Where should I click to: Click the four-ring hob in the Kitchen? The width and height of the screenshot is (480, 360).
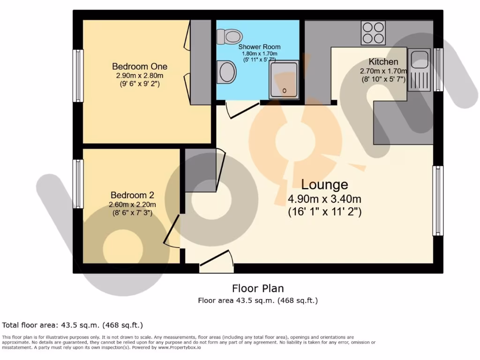click(x=373, y=33)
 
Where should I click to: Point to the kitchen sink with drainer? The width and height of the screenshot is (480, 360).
click(x=419, y=69)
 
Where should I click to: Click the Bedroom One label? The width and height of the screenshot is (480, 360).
click(x=140, y=67)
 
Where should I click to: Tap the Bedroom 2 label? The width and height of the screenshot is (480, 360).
click(x=132, y=195)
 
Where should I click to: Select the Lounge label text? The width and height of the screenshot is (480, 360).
click(x=324, y=184)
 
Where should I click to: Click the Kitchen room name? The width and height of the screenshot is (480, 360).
click(x=383, y=61)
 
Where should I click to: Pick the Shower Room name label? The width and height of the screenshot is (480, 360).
click(x=259, y=47)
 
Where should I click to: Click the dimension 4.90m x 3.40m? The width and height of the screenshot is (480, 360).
click(x=324, y=199)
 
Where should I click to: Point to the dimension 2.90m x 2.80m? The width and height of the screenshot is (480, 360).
click(x=140, y=76)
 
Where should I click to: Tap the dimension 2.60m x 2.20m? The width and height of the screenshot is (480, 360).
click(x=132, y=204)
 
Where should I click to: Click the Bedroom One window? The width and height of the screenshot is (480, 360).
click(x=78, y=75)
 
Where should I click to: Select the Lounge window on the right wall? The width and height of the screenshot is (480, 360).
click(x=437, y=201)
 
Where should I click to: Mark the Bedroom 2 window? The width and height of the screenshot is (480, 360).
click(x=78, y=184)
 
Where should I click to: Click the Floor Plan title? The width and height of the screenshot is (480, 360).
click(x=258, y=288)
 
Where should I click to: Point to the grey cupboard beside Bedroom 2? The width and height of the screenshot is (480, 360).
click(x=200, y=170)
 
